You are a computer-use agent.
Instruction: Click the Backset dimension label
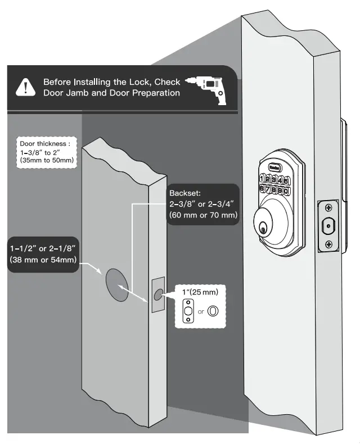click(x=203, y=204)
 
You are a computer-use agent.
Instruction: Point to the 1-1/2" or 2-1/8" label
click(x=43, y=253)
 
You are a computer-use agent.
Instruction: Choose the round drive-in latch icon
click(x=213, y=311)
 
